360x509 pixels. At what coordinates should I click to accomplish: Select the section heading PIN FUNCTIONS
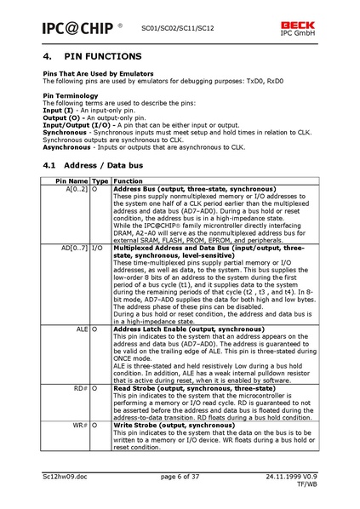pyautogui.click(x=95, y=58)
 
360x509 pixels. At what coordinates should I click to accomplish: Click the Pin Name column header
pyautogui.click(x=71, y=181)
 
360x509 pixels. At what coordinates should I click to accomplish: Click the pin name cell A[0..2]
pyautogui.click(x=77, y=189)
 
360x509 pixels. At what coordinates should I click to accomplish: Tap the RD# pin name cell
pyautogui.click(x=81, y=386)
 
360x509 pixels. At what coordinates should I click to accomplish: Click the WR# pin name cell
pyautogui.click(x=81, y=423)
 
